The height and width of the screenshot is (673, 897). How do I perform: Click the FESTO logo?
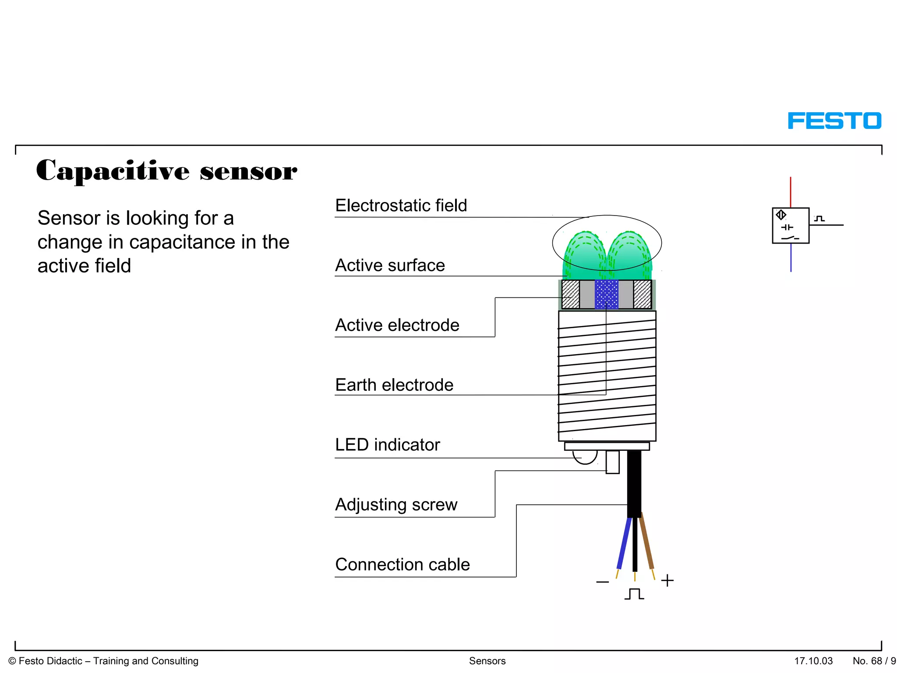point(834,120)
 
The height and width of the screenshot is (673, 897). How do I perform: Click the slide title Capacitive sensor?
point(166,170)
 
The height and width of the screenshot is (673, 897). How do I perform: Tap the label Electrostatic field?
point(401,205)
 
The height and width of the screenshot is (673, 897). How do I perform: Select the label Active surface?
point(390,266)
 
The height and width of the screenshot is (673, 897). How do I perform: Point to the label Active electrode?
point(397,325)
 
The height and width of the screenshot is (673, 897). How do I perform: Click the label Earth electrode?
point(394,385)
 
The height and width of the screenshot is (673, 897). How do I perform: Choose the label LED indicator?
point(387,445)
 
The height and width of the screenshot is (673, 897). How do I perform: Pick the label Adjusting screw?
point(396,505)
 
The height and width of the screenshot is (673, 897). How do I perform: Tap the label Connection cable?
point(402,564)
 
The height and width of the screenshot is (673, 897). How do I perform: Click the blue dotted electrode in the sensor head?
point(607,294)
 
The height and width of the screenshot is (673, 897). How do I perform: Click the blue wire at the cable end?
point(624,543)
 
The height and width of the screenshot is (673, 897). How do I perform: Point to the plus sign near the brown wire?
point(667,581)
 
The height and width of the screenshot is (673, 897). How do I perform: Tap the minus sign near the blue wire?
point(602,582)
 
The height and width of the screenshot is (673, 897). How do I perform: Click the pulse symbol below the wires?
point(634,594)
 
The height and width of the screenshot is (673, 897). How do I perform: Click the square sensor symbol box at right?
point(791,226)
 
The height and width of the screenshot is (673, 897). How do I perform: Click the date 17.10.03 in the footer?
point(813,661)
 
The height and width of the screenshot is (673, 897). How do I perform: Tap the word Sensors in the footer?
point(487,661)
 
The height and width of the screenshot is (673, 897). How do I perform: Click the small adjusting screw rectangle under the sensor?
point(612,462)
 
